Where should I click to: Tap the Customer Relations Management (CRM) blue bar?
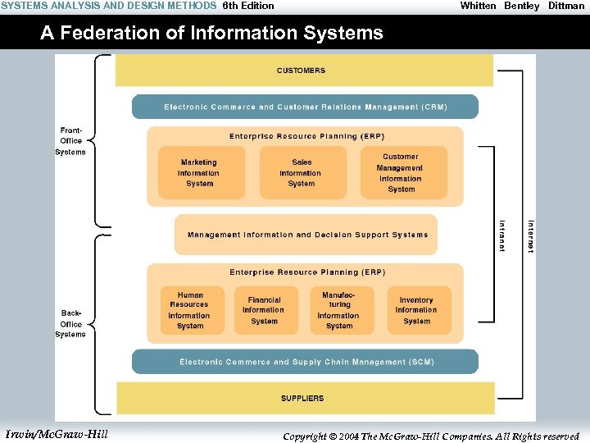pyautogui.click(x=305, y=107)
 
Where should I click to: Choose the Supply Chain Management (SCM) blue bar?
pyautogui.click(x=305, y=362)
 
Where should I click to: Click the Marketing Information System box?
pyautogui.click(x=199, y=172)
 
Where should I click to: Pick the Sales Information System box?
pyautogui.click(x=301, y=172)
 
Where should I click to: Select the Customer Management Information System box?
pyautogui.click(x=401, y=172)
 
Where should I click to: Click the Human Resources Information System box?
pyautogui.click(x=190, y=310)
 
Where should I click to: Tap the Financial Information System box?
pyautogui.click(x=264, y=310)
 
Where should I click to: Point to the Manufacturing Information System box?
pyautogui.click(x=338, y=310)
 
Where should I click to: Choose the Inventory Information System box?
pyautogui.click(x=416, y=310)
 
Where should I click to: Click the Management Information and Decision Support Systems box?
pyautogui.click(x=306, y=235)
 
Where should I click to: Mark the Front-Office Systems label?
pyautogui.click(x=70, y=141)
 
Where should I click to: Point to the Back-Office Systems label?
pyautogui.click(x=70, y=323)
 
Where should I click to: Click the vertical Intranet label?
pyautogui.click(x=502, y=235)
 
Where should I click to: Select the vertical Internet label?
pyautogui.click(x=530, y=236)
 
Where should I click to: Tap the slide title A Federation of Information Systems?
pyautogui.click(x=211, y=33)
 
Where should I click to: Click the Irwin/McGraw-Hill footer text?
pyautogui.click(x=57, y=434)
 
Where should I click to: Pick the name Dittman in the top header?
pyautogui.click(x=566, y=6)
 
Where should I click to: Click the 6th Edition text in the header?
pyautogui.click(x=248, y=6)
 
